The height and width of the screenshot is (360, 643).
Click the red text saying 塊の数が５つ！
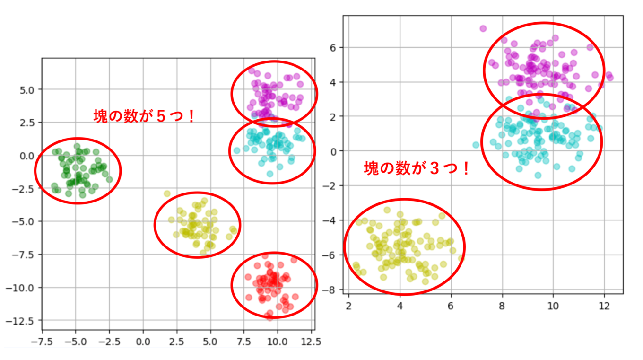point(144,116)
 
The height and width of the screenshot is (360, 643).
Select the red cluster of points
point(274,284)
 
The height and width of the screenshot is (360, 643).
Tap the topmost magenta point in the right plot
point(483,28)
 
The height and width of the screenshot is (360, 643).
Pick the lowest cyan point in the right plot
point(538,176)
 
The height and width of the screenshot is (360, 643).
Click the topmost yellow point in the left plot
point(167,193)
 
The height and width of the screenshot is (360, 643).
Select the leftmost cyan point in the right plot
point(476,145)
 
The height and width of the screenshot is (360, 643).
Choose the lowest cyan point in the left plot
point(270,174)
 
